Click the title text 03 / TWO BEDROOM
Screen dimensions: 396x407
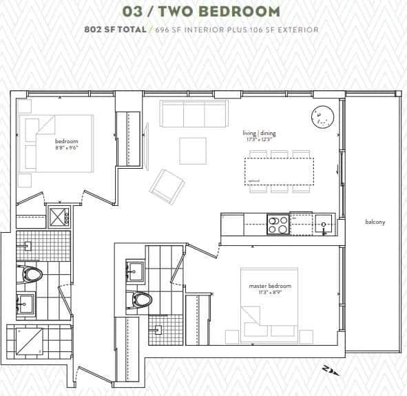tap(202, 12)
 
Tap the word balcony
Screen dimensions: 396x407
tap(375, 222)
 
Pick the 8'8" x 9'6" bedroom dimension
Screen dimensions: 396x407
tap(66, 147)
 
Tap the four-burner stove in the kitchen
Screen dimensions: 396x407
tap(278, 225)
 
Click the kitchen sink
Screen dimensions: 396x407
tap(324, 224)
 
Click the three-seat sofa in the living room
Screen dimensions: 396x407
tap(194, 113)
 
